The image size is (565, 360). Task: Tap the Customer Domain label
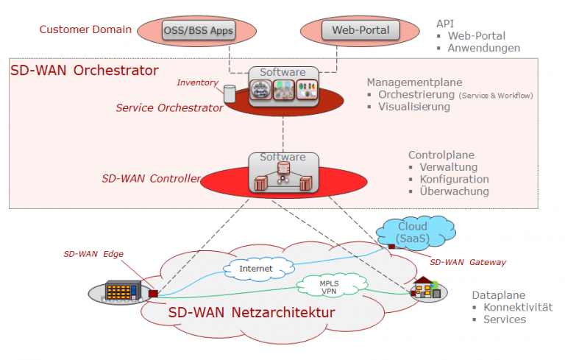(85, 30)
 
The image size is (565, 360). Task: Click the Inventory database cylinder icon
(229, 93)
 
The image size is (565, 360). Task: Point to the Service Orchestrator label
(169, 108)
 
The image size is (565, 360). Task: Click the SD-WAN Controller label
(150, 178)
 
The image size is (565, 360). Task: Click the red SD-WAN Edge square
(153, 293)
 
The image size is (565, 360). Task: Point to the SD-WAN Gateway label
(467, 262)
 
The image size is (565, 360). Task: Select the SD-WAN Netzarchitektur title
(252, 313)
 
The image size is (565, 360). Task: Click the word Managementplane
(414, 82)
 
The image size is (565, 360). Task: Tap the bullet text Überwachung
(454, 191)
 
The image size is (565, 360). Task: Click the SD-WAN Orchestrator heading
(85, 71)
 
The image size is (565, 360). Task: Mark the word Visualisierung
(413, 107)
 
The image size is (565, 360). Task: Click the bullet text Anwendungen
(483, 48)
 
